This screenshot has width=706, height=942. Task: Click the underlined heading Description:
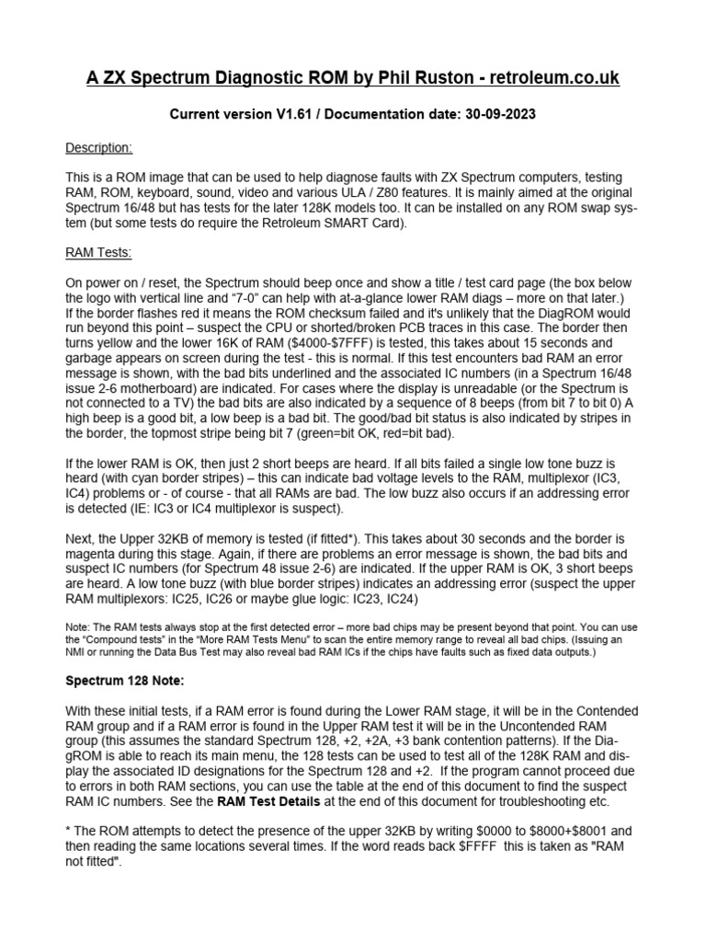pos(99,147)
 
